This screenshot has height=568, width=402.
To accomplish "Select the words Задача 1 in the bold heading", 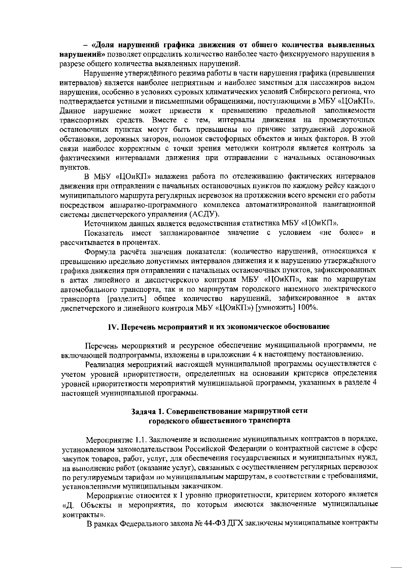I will click(x=146, y=411).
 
